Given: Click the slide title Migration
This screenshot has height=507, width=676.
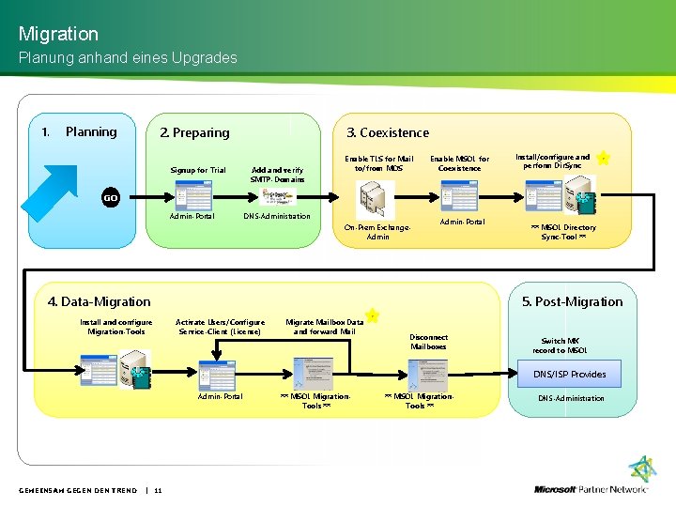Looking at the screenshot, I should click(58, 34).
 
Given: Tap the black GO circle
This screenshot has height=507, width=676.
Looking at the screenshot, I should click(111, 197).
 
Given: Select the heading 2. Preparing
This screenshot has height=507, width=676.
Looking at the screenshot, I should click(194, 132).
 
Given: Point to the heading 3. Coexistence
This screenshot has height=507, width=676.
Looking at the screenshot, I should click(388, 132).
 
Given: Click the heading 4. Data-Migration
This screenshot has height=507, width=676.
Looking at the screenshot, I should click(99, 301).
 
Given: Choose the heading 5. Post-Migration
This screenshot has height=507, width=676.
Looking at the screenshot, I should click(572, 301).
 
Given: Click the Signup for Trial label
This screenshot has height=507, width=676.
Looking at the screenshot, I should click(198, 170).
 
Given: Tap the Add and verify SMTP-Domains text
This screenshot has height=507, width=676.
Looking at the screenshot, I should click(278, 175).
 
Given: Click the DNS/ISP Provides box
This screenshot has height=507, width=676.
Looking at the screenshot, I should click(570, 374).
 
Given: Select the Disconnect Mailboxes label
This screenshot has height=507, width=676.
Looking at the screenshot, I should click(429, 342).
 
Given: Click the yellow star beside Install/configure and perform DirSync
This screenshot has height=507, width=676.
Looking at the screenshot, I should click(604, 159).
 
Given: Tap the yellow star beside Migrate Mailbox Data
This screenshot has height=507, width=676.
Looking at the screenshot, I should click(372, 315).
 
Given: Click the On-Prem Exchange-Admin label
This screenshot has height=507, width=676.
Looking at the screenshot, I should click(377, 232).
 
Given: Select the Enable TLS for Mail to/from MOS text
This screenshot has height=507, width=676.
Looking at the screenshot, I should click(378, 163).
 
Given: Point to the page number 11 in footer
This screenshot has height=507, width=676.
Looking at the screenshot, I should click(158, 490).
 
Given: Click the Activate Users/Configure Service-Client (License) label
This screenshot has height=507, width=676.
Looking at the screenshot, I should click(221, 327).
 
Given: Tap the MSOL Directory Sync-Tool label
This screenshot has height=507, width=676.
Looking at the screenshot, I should click(564, 232).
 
